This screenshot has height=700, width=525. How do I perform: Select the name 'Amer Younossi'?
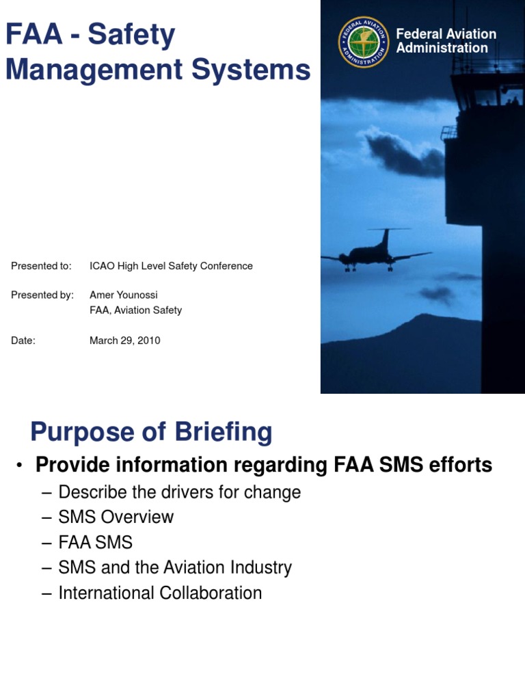click(x=124, y=295)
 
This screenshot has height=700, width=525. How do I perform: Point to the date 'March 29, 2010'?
click(x=125, y=340)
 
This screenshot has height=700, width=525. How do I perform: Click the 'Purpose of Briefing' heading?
click(x=151, y=432)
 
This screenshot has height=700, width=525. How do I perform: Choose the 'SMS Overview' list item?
click(x=116, y=517)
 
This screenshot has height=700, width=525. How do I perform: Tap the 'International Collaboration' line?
click(x=160, y=593)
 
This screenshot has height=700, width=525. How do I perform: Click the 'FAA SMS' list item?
click(x=96, y=543)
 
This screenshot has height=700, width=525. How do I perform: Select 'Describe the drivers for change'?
click(x=180, y=492)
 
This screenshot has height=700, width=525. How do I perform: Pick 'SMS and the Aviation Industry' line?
click(x=175, y=567)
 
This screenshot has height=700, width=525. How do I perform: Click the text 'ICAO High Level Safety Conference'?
click(x=171, y=266)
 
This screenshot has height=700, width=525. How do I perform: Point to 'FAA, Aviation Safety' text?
click(x=136, y=310)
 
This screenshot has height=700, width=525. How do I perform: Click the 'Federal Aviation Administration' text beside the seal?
click(x=446, y=41)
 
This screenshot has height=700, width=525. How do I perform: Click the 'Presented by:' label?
click(x=42, y=295)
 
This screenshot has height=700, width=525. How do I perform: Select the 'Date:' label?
click(x=23, y=340)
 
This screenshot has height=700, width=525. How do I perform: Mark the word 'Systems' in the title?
click(x=254, y=70)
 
